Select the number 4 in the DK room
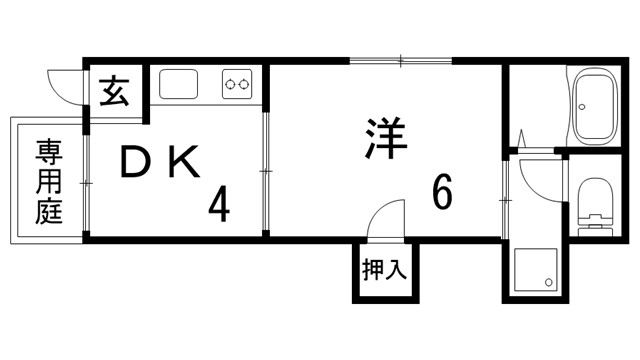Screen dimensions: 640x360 point(219,205)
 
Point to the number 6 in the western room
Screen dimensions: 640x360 point(441,191)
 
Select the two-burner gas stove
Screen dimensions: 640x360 point(237,85)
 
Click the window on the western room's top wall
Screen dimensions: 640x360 point(401,62)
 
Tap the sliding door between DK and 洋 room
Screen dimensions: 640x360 point(267,172)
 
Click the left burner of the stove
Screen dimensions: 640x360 point(230,85)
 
